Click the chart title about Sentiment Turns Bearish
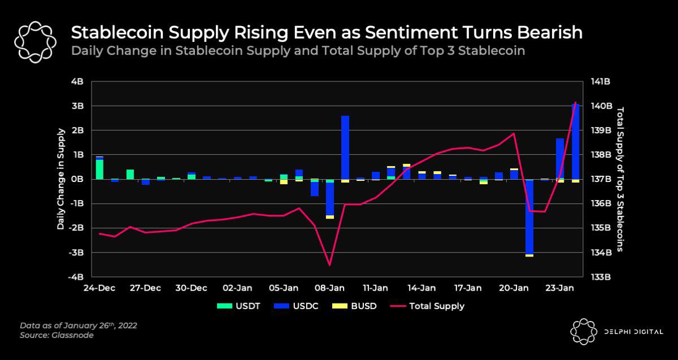point(326,32)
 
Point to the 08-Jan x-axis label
point(329,288)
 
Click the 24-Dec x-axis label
point(99,288)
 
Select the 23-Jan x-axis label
point(560,288)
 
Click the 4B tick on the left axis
point(77,81)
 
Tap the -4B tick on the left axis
point(76,277)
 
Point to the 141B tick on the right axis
point(601,81)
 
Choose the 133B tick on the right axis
point(601,277)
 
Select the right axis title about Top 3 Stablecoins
point(620,179)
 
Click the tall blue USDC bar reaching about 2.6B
point(345,147)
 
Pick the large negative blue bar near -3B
point(529,218)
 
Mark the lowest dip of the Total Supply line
point(329,264)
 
